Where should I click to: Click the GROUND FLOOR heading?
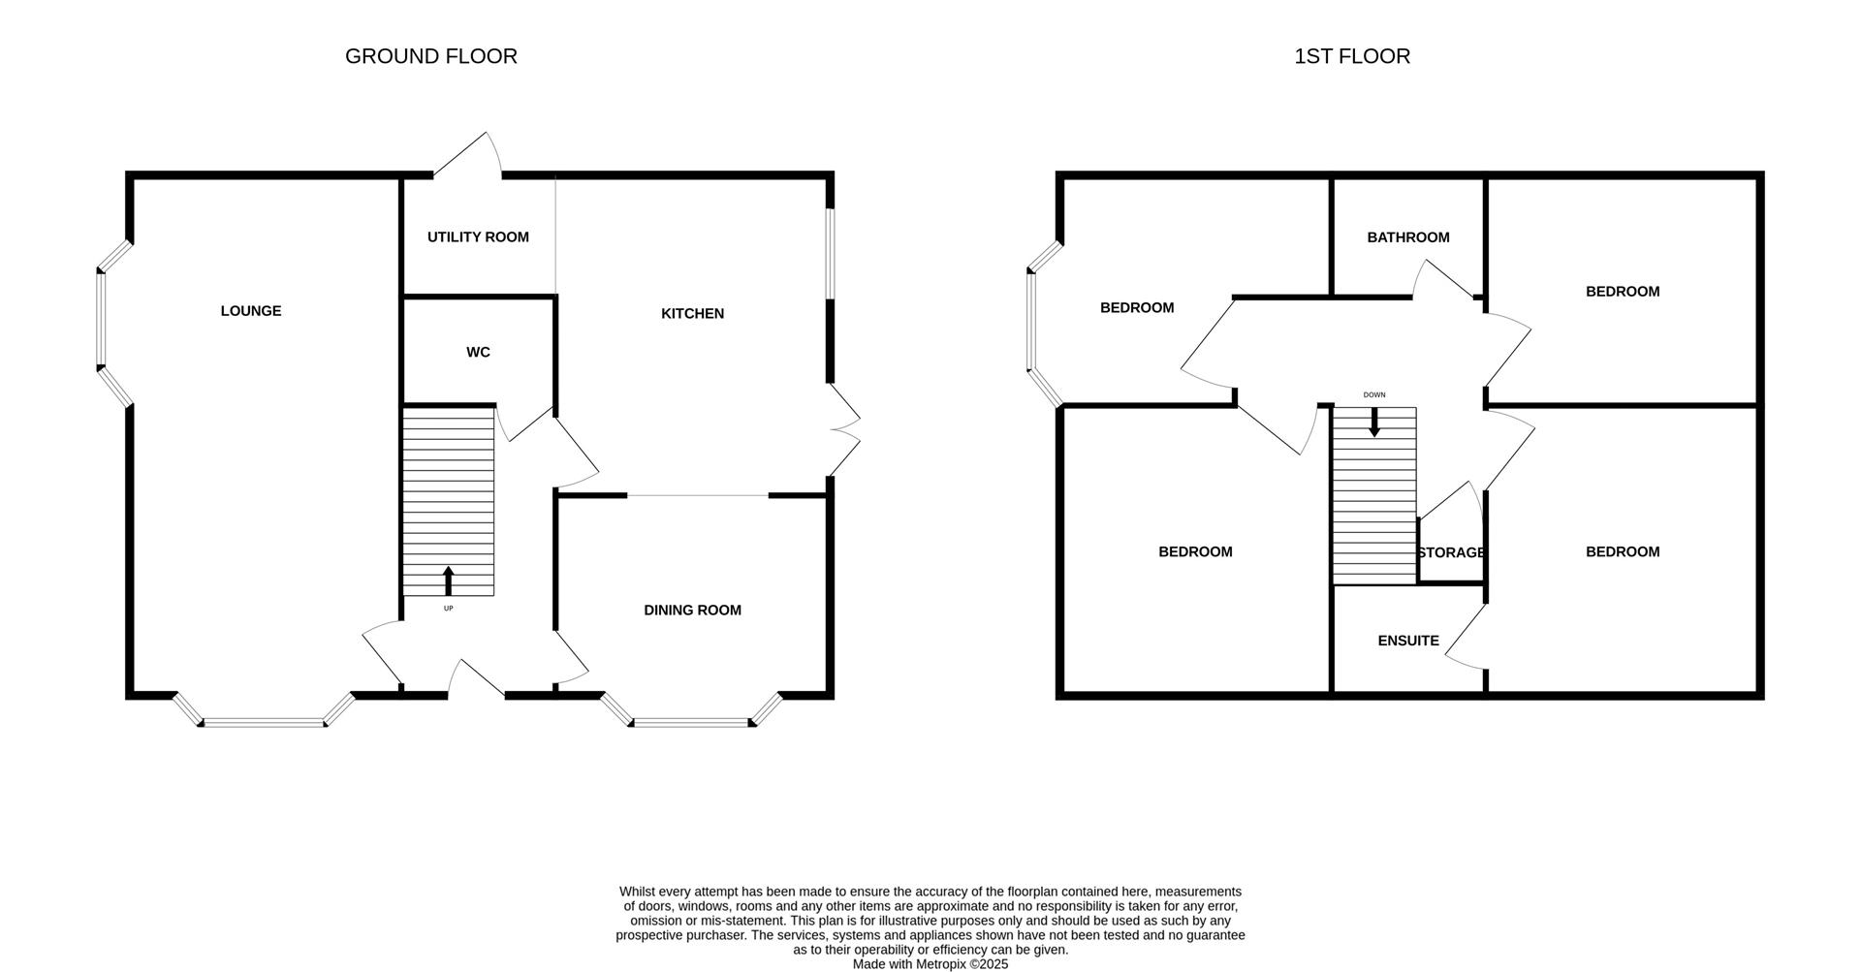point(431,56)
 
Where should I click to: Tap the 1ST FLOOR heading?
point(1352,56)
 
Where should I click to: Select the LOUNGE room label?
point(251,311)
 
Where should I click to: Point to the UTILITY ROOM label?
point(478,237)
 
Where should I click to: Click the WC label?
point(478,353)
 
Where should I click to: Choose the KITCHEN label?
point(692,314)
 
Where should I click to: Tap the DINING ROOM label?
point(692,611)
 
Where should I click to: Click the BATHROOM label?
point(1408,237)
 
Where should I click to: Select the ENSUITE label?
point(1408,642)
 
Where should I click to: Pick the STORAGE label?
point(1451,553)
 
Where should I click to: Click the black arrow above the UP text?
point(448,580)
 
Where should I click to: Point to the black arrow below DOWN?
point(1373,423)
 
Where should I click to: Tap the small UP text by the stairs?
point(448,609)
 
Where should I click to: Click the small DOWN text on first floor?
point(1374,395)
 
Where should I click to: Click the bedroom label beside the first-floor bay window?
point(1137,308)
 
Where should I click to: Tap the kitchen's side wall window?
point(830,254)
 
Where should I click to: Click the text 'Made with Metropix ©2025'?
point(930,964)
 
